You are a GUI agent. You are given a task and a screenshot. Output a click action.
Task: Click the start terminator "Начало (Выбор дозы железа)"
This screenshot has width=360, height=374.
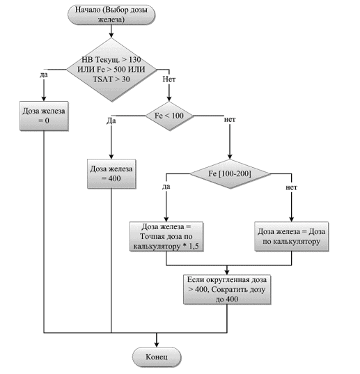coord(111,15)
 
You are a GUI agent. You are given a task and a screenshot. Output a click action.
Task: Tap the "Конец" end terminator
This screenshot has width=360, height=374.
coord(157,357)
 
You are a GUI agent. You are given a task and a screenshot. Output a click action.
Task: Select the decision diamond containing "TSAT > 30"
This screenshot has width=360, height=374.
coord(111,70)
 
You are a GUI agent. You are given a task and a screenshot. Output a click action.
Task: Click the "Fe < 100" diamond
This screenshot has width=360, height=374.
coord(169,116)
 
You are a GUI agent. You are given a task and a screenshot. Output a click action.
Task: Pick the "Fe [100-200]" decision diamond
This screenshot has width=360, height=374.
coord(230,174)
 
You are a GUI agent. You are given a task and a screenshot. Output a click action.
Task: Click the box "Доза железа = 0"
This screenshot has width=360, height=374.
coord(44,116)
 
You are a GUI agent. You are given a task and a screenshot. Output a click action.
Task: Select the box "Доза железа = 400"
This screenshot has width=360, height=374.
coord(111,174)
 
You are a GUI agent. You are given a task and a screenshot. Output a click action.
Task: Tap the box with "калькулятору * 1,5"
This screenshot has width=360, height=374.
coord(166,236)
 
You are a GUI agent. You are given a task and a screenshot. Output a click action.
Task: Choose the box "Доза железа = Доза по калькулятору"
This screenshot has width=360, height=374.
coord(291,236)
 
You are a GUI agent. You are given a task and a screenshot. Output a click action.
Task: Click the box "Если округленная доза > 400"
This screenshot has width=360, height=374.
coord(227,289)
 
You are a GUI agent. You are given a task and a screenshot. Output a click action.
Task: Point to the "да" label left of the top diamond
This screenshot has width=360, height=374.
coord(44,75)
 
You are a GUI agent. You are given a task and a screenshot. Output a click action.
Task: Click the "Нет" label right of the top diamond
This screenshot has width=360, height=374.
coord(169,79)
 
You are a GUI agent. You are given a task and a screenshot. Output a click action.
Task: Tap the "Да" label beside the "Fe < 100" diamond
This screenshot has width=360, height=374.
coord(111,120)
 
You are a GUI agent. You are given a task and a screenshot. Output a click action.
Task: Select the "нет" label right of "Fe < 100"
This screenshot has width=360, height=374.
coord(230,119)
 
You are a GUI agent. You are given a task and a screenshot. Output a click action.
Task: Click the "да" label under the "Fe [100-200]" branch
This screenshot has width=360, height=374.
coord(166,186)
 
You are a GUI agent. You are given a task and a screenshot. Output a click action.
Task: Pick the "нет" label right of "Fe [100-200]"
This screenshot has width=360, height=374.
coord(291,187)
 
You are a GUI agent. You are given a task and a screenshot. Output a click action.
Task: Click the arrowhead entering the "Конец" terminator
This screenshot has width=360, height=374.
coord(157,345)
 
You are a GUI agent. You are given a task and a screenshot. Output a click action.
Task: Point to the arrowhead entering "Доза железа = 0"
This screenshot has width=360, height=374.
coord(44,99)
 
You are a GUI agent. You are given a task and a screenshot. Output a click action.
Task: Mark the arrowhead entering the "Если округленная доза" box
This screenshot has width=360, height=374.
coord(227,272)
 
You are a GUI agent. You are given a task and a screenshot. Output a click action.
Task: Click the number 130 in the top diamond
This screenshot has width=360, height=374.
coord(134,60)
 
